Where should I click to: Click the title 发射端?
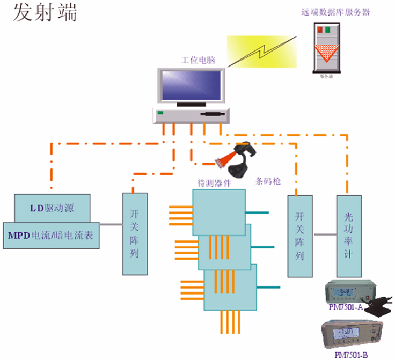[46, 13]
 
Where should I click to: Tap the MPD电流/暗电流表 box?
[52, 235]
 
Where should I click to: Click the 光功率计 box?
[349, 236]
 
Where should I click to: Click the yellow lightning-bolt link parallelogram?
[261, 52]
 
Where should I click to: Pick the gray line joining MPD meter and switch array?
[111, 225]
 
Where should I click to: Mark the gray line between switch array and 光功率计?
[325, 234]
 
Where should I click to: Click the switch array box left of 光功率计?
[300, 236]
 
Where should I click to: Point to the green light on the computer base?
[159, 113]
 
